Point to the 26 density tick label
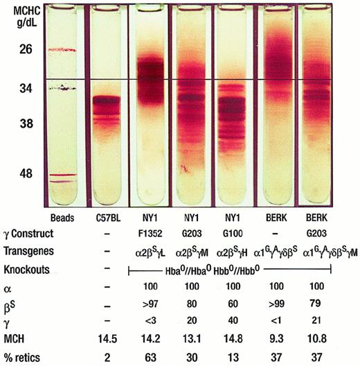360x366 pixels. pyautogui.click(x=25, y=50)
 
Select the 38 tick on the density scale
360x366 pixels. pyautogui.click(x=25, y=125)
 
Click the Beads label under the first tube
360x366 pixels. pyautogui.click(x=63, y=216)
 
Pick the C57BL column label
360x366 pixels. pyautogui.click(x=109, y=216)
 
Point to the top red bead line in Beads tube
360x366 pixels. pyautogui.click(x=63, y=51)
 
